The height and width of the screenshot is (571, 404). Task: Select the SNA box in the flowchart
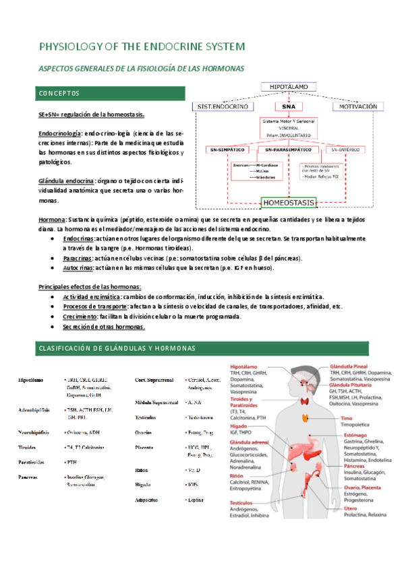[288, 106]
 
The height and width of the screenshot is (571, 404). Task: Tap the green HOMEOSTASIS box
[289, 201]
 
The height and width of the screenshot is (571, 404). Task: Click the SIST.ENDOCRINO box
[223, 106]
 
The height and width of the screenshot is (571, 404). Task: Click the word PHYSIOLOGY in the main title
[75, 46]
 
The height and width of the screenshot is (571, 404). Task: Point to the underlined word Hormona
[52, 220]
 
